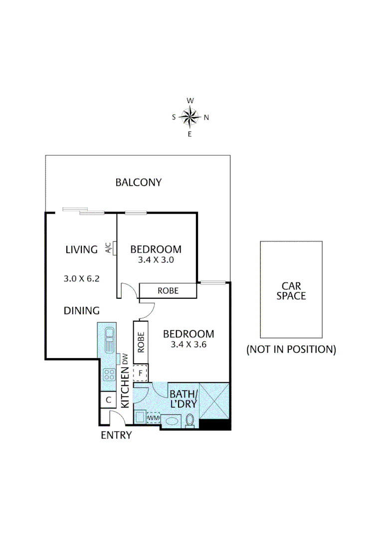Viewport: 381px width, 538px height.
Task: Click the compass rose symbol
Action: click(190, 118)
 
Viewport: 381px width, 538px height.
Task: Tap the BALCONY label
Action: click(139, 182)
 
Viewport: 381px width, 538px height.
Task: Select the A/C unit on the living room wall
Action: click(114, 248)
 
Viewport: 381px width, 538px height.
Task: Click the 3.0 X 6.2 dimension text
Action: click(82, 279)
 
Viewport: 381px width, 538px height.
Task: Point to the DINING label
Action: click(82, 311)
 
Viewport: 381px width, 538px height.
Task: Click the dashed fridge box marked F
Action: click(141, 373)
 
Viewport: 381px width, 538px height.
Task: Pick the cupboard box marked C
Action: click(108, 399)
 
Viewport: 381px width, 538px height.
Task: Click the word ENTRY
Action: click(116, 435)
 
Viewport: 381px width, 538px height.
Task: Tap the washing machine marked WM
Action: click(152, 417)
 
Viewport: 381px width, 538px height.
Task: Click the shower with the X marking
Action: click(214, 400)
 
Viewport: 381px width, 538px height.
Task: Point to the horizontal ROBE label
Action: click(168, 290)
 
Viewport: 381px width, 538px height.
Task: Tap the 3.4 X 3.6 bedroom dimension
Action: click(189, 344)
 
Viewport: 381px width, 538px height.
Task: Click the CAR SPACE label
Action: click(291, 291)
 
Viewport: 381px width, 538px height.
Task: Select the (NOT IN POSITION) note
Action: click(291, 349)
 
